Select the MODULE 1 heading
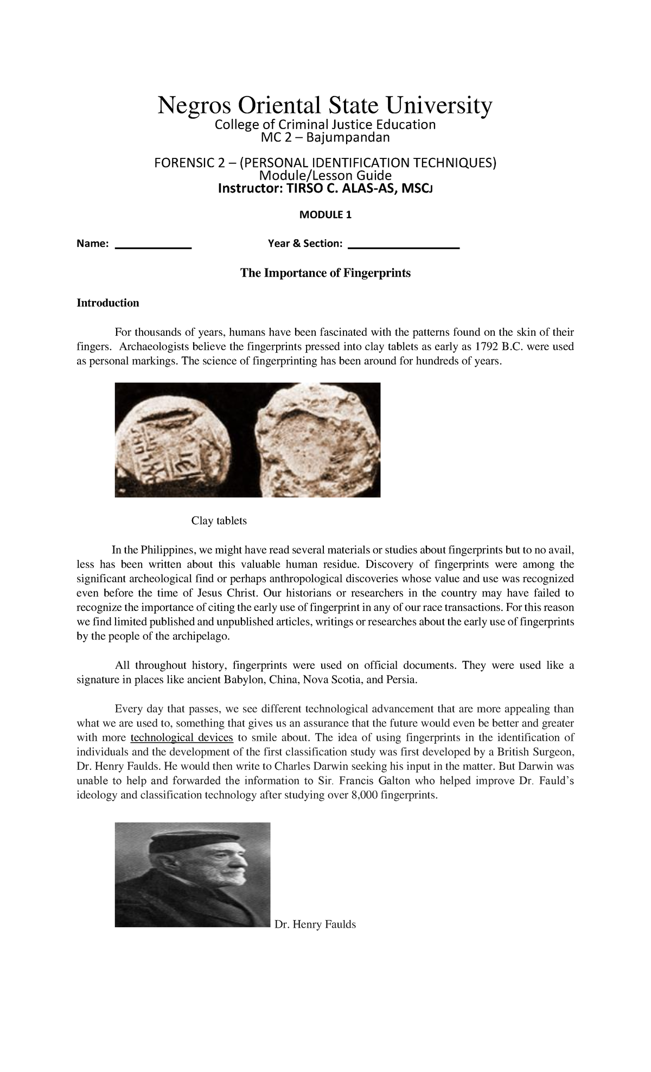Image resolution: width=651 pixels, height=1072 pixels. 325,215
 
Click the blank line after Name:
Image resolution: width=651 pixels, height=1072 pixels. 154,247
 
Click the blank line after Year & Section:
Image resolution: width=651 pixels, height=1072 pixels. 403,247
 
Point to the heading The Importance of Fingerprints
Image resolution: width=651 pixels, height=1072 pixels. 325,273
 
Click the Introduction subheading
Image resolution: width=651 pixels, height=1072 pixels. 108,303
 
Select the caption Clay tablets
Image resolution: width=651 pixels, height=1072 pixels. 219,521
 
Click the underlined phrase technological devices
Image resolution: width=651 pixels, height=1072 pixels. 182,738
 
